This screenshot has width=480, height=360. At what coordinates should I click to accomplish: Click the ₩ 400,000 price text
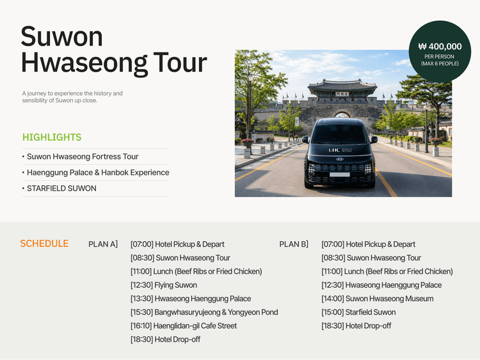440,47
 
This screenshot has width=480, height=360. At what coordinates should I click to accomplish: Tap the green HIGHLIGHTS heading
52,137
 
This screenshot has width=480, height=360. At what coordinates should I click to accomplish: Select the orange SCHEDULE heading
44,244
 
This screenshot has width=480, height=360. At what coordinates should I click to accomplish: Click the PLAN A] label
103,244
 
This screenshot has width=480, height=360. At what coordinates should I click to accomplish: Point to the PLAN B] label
294,244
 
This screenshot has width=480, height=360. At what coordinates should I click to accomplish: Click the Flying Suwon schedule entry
164,285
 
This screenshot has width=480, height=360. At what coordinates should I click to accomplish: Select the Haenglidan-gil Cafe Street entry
184,325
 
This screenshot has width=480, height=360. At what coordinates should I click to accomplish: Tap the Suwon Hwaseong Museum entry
378,299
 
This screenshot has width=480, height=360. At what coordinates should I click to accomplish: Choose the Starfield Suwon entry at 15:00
358,312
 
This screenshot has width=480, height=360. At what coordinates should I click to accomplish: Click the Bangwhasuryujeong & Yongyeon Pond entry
204,312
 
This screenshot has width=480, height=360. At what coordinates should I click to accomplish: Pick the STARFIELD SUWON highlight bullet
61,189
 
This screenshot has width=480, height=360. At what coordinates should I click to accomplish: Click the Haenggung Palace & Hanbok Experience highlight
98,173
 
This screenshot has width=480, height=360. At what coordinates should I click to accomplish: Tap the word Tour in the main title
180,63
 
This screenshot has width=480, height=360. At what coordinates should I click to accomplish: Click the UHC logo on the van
334,150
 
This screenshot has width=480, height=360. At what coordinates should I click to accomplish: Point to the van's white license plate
339,175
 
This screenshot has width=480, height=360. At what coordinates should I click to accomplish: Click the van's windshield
339,134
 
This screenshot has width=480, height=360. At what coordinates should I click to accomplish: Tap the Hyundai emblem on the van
339,159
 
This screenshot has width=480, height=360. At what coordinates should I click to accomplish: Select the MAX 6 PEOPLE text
440,63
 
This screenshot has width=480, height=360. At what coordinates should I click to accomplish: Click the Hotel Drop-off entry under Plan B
356,325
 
